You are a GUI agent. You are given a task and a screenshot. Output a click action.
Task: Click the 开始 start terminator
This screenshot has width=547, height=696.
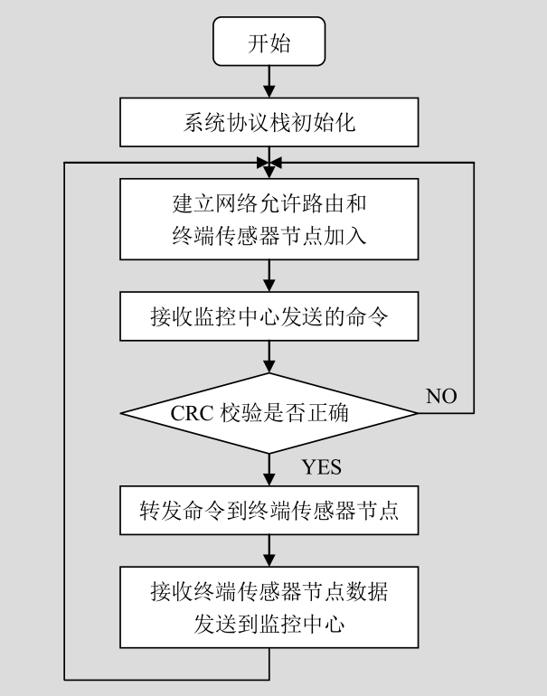tap(269, 42)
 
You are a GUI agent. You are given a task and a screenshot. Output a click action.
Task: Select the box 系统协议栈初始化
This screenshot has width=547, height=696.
tap(269, 122)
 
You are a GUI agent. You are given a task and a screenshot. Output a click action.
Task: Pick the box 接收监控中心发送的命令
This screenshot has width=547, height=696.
tap(269, 317)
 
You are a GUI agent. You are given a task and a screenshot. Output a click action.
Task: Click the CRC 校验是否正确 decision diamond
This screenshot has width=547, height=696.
tap(269, 413)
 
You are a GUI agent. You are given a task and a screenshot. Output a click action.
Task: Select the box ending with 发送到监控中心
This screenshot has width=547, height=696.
tap(269, 607)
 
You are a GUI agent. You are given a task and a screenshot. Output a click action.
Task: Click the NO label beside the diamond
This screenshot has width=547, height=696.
tap(441, 397)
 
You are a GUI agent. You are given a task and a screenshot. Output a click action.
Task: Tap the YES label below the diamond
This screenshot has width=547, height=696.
tap(322, 466)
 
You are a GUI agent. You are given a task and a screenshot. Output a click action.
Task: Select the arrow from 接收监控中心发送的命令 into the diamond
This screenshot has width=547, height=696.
tap(269, 356)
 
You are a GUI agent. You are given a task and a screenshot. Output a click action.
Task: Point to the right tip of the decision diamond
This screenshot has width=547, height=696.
tap(417, 413)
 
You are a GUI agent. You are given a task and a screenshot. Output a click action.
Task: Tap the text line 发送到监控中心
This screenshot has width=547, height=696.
tap(269, 623)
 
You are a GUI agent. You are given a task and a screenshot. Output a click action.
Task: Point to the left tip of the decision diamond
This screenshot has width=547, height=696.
tap(122, 413)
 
